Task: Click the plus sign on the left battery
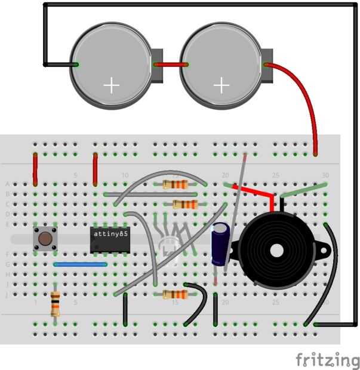click(111, 85)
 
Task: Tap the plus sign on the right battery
click(221, 85)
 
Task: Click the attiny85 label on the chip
click(110, 234)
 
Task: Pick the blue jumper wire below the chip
click(81, 264)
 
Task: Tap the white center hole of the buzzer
click(278, 249)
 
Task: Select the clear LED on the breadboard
click(169, 245)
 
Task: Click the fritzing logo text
click(327, 359)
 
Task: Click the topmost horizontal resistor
click(175, 184)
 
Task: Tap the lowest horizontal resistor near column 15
click(175, 294)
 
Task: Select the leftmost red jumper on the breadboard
click(35, 168)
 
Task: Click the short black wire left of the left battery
click(60, 64)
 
